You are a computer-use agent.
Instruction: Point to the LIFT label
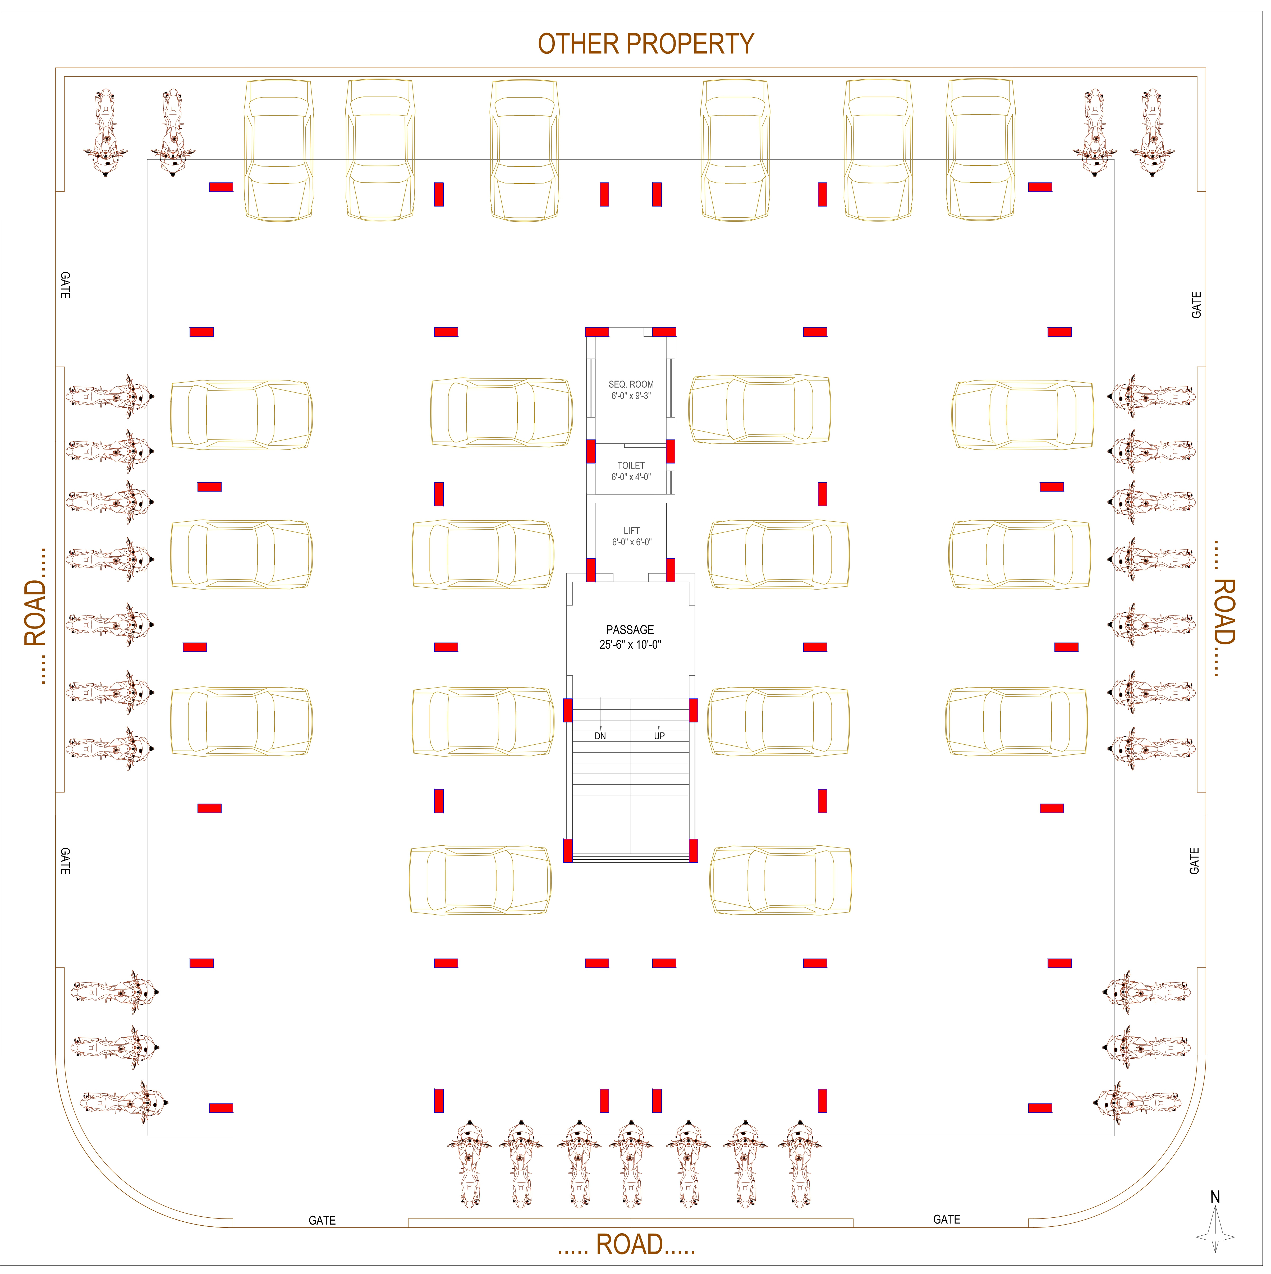632,531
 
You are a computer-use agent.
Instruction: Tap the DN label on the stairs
600,737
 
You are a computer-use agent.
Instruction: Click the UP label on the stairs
659,737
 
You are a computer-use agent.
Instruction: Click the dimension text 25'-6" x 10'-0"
630,645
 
